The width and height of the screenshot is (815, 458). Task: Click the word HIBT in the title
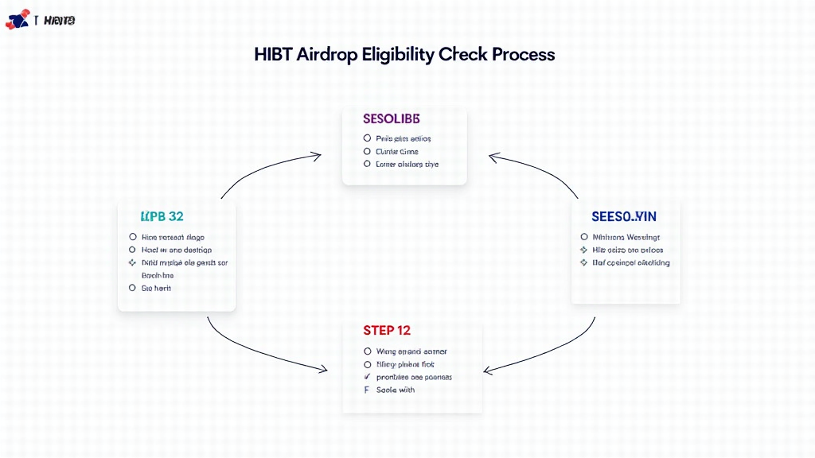point(273,54)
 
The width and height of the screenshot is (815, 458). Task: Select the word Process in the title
point(523,54)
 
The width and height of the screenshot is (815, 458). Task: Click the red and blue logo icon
point(17,20)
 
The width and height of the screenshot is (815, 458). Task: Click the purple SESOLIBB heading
point(391,118)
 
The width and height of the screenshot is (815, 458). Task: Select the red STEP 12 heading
point(387,330)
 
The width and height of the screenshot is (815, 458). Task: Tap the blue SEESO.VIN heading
point(624,216)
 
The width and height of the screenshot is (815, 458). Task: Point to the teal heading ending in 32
point(162,216)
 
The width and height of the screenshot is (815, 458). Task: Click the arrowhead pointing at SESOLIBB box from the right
point(493,157)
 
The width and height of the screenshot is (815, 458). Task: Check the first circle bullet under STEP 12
point(367,351)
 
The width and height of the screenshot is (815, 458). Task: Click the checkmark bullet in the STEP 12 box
point(367,377)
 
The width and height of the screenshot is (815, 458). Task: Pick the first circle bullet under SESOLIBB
point(367,138)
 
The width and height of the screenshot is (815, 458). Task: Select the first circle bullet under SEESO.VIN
point(584,237)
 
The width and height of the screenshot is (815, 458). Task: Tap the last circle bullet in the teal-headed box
point(133,288)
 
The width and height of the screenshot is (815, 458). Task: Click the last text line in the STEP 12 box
point(396,390)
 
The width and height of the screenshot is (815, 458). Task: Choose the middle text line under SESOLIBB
point(397,151)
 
